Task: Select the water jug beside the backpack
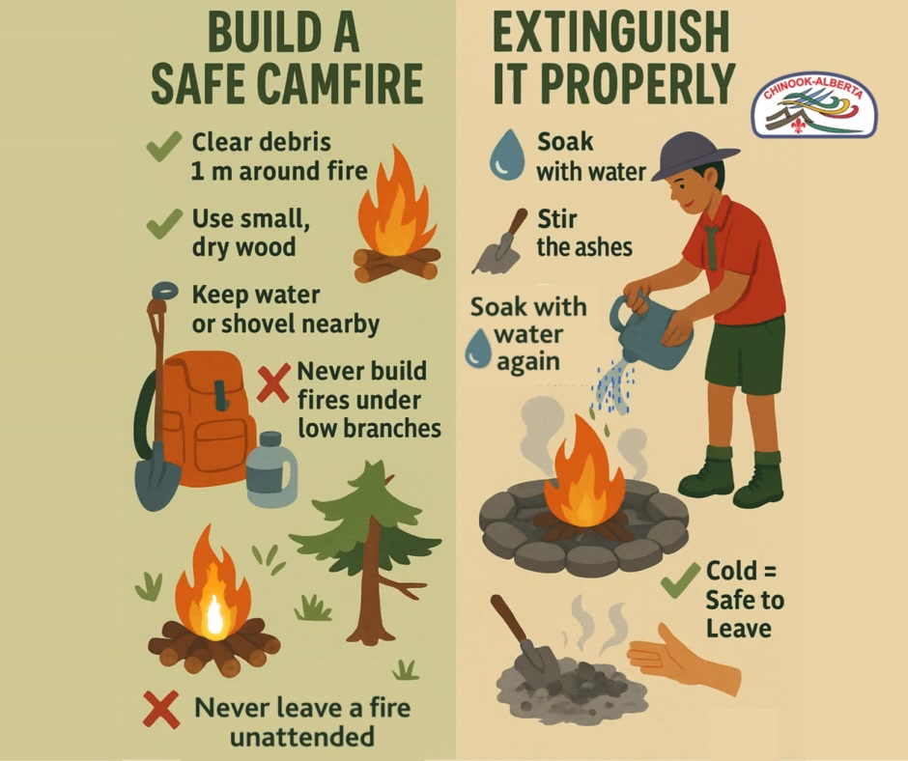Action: click(x=271, y=469)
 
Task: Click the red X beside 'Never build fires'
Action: click(x=273, y=382)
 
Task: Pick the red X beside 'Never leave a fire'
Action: click(x=161, y=709)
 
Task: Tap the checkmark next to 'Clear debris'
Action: click(x=164, y=146)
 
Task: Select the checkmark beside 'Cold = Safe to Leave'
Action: click(x=681, y=579)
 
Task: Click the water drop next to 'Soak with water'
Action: click(x=507, y=155)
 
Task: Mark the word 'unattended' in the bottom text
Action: click(x=301, y=737)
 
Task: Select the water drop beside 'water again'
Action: click(x=478, y=348)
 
